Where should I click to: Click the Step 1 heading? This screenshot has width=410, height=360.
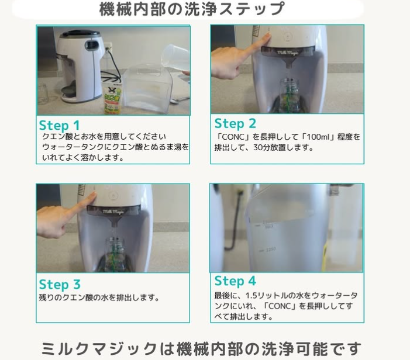(x=59, y=125)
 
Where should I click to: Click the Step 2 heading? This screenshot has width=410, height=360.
(x=235, y=123)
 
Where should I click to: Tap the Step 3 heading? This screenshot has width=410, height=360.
(x=60, y=284)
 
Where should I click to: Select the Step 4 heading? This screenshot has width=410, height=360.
(x=235, y=281)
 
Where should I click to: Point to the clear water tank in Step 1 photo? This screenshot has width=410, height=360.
(x=146, y=89)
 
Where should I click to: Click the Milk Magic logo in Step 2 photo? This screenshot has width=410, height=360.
(x=287, y=53)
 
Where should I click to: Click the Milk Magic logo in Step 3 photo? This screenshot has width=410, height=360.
(x=113, y=212)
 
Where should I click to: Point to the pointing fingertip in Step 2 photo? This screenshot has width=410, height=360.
(x=267, y=37)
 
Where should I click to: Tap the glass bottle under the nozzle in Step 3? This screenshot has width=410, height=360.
(x=115, y=255)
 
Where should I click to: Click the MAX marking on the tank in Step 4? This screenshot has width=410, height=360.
(x=269, y=227)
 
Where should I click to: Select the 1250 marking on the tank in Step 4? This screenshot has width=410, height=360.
(x=271, y=250)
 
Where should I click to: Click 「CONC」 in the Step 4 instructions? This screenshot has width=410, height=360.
(x=281, y=306)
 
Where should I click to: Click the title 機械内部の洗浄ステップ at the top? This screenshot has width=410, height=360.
(x=192, y=9)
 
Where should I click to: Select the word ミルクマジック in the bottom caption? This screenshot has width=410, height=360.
(x=99, y=348)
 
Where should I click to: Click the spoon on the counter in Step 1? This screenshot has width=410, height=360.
(x=180, y=100)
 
